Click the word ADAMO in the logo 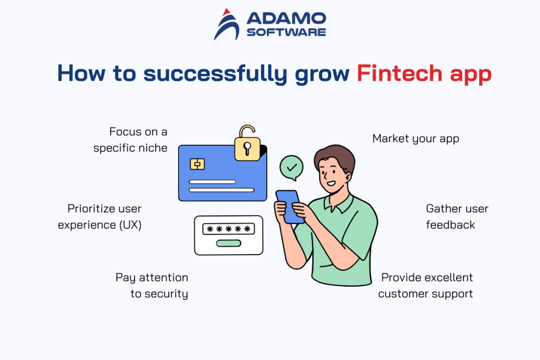(286, 19)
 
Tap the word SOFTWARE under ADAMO (286, 32)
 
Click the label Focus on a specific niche (131, 140)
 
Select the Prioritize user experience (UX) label (100, 217)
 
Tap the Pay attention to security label (152, 286)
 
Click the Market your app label (416, 139)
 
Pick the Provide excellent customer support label (426, 286)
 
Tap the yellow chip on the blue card (197, 164)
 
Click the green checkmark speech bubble (292, 168)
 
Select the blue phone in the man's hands (290, 205)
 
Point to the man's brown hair (335, 157)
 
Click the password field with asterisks (228, 229)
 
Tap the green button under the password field (228, 243)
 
